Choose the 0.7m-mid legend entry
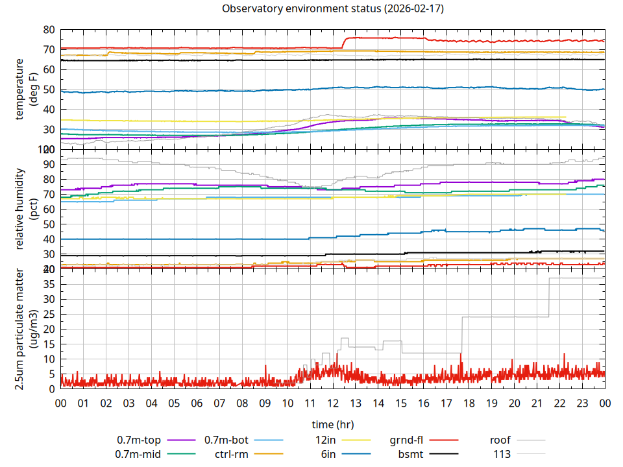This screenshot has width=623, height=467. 138,454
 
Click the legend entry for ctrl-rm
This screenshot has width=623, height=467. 231,454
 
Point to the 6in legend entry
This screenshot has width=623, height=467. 328,454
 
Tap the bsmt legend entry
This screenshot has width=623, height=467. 410,454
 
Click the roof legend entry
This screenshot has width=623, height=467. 500,440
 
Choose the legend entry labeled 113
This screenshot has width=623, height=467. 502,454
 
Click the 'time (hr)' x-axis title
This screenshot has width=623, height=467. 332,425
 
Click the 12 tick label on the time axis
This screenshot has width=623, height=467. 332,403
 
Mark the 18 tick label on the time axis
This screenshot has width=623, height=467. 469,403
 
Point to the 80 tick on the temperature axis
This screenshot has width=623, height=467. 49,30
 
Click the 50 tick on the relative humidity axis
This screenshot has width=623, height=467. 49,224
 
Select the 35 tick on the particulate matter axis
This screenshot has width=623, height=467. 49,284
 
